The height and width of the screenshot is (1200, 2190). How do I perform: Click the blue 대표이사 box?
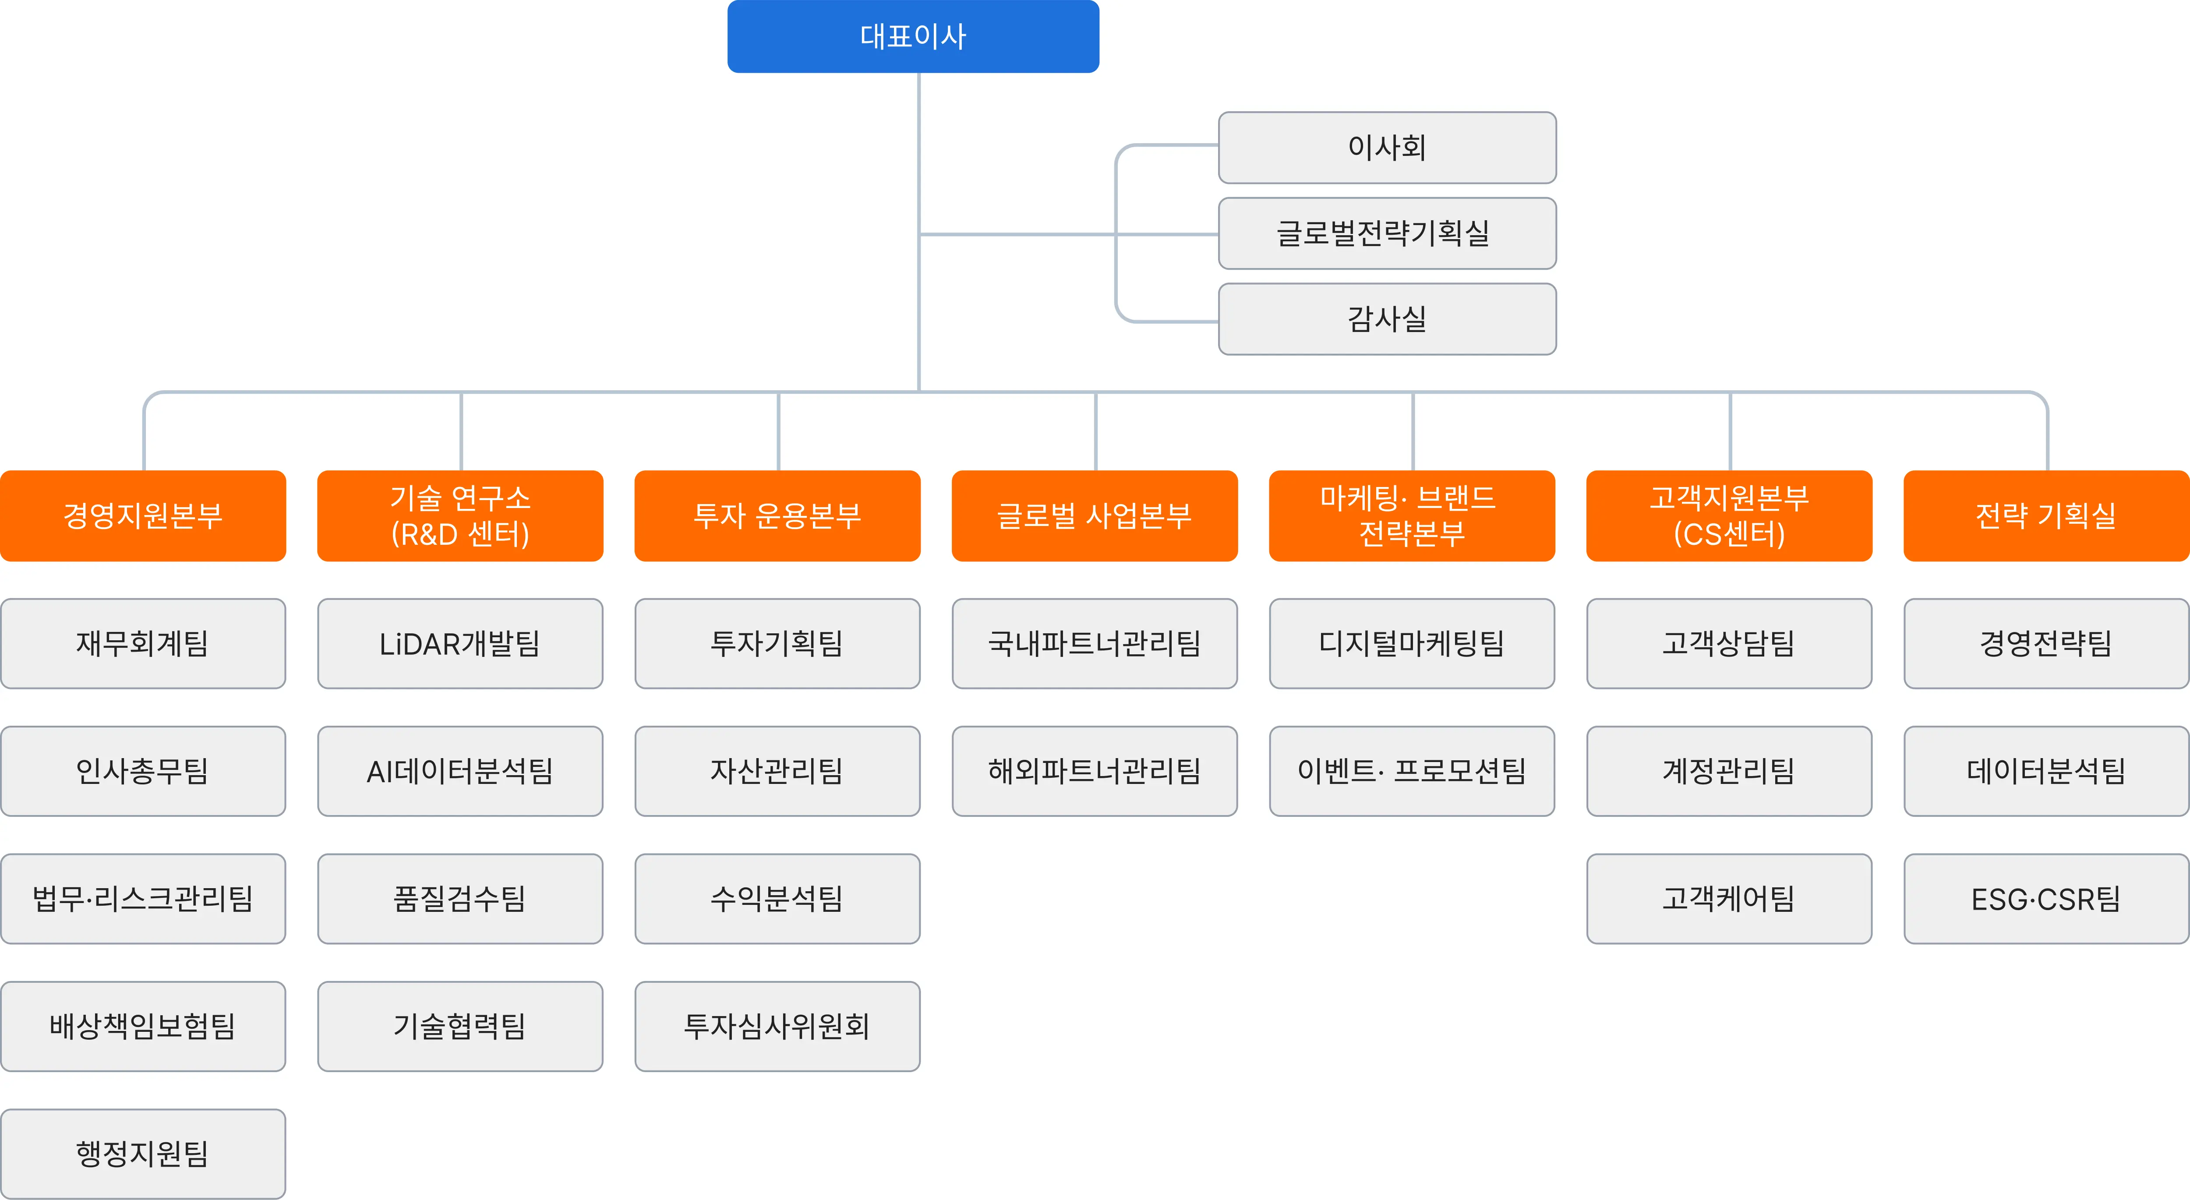pyautogui.click(x=913, y=36)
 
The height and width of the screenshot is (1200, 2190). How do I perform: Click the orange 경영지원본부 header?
pyautogui.click(x=143, y=516)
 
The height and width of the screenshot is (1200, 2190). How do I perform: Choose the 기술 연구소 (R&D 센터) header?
pyautogui.click(x=460, y=516)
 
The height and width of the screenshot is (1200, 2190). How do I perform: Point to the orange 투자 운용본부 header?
pyautogui.click(x=777, y=516)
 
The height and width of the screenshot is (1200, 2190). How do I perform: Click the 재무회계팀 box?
pyautogui.click(x=143, y=643)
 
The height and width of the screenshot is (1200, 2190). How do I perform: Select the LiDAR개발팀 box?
pyautogui.click(x=460, y=643)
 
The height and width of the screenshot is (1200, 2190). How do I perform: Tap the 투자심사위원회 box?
pyautogui.click(x=777, y=1027)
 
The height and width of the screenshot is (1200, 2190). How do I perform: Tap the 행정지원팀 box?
pyautogui.click(x=143, y=1154)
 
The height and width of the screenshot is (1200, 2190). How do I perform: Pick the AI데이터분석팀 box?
pyautogui.click(x=460, y=771)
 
